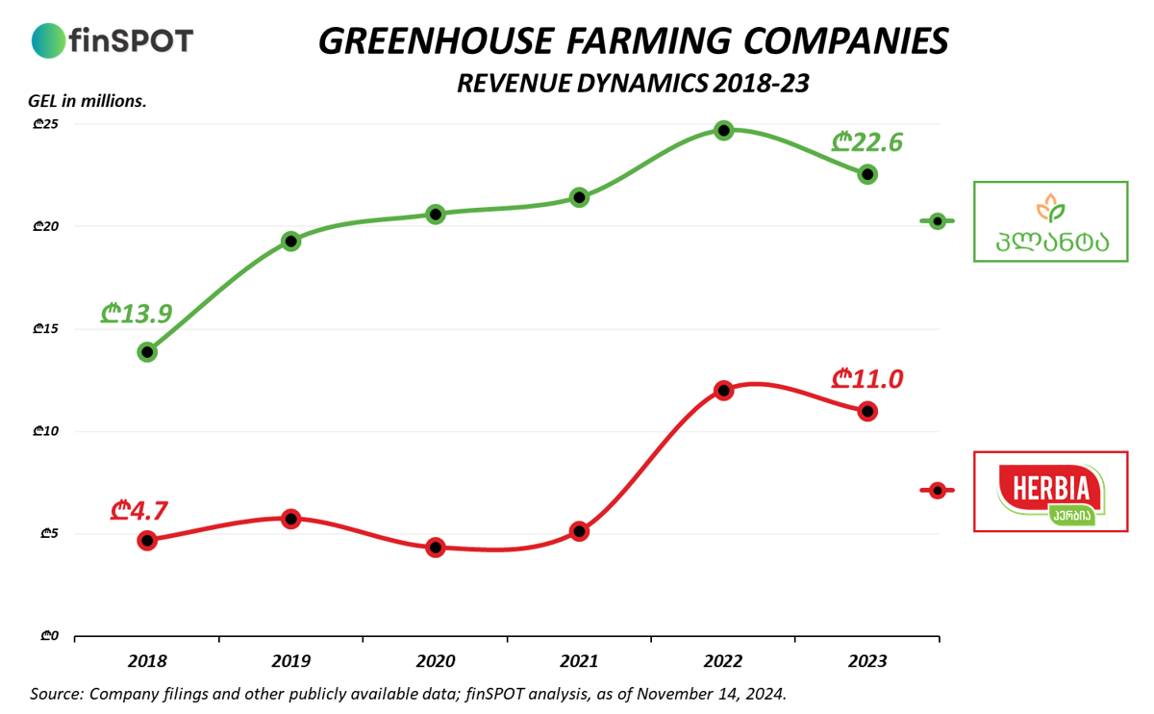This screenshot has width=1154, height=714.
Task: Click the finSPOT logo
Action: (x=113, y=40)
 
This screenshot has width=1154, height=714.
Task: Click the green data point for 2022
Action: (x=724, y=130)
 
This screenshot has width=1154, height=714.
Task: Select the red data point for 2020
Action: (x=436, y=548)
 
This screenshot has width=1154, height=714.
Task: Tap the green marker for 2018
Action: (x=147, y=352)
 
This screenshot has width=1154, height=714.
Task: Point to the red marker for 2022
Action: (x=724, y=391)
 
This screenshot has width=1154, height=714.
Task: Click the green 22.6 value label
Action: (x=867, y=143)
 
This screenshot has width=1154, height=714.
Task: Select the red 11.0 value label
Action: (x=867, y=379)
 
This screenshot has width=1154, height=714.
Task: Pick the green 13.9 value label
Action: (x=137, y=314)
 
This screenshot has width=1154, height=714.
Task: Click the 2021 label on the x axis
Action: (x=579, y=662)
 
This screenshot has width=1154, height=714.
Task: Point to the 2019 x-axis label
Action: (x=290, y=662)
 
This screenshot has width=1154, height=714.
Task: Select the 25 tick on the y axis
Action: (x=46, y=124)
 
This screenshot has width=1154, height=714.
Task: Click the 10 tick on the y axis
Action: (x=46, y=431)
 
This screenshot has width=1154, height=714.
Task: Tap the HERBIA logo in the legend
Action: (x=1050, y=492)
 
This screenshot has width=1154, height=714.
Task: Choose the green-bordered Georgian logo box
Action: (x=1050, y=221)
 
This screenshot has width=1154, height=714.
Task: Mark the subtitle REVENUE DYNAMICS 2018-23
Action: (x=632, y=84)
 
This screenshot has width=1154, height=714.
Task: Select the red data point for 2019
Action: (x=291, y=519)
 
